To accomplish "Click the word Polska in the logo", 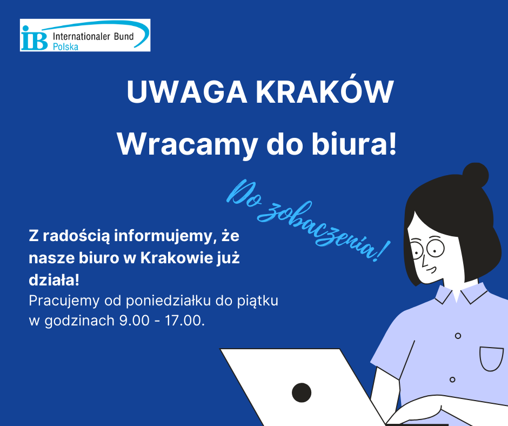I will (x=65, y=47).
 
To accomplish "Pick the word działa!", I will (x=54, y=281).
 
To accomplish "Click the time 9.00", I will (x=130, y=320).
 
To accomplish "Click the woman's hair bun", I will (x=476, y=176).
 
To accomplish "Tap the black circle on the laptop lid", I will (x=302, y=392).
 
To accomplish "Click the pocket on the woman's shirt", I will (x=491, y=358).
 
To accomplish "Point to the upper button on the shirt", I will (x=458, y=336).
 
